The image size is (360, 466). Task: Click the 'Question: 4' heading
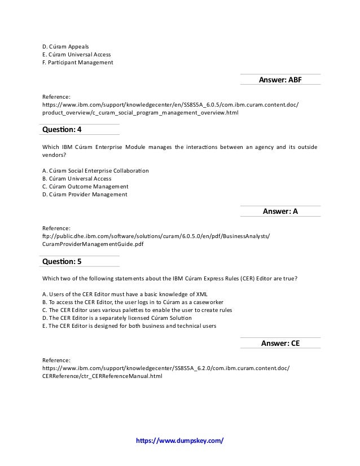(62, 130)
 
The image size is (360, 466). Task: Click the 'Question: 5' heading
(62, 261)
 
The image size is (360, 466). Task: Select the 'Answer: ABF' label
(280, 80)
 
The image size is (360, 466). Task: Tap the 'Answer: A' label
(280, 211)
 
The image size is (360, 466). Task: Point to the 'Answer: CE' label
(280, 342)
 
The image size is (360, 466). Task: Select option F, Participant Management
(78, 62)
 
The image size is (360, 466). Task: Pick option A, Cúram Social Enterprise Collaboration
(96, 170)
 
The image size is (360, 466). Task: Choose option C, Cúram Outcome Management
(85, 187)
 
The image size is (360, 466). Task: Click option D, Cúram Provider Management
(85, 195)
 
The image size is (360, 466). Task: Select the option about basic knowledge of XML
(121, 294)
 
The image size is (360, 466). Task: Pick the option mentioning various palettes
(137, 310)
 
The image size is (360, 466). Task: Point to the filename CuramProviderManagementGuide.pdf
(93, 244)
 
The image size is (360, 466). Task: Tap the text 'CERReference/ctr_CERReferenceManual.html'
(102, 375)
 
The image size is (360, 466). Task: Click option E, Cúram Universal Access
(77, 54)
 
